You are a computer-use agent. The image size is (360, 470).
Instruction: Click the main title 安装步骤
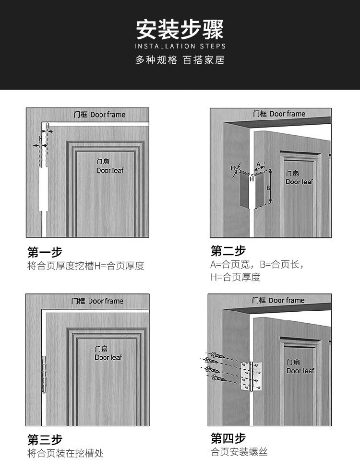(180, 29)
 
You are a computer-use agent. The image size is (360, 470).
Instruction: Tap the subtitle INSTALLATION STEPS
(180, 46)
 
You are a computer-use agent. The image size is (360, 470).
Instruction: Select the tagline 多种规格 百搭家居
(180, 60)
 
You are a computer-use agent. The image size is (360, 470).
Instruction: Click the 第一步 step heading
(45, 252)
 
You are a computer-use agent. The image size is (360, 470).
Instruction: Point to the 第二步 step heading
(228, 251)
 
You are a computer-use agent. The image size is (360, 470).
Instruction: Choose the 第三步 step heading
(45, 440)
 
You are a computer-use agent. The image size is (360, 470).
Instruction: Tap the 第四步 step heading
(228, 438)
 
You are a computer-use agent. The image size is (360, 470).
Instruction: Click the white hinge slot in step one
(43, 189)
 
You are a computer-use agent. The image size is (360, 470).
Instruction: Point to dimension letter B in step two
(268, 188)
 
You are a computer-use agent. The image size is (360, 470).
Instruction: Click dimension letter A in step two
(259, 164)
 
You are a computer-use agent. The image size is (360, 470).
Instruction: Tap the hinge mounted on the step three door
(44, 374)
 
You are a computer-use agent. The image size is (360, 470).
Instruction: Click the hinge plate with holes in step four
(252, 376)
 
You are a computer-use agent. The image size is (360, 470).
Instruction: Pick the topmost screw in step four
(218, 355)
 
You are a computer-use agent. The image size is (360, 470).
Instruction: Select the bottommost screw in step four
(219, 378)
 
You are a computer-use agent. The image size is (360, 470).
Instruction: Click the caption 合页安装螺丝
(239, 452)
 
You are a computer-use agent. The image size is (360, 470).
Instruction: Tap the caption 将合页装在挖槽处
(65, 453)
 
